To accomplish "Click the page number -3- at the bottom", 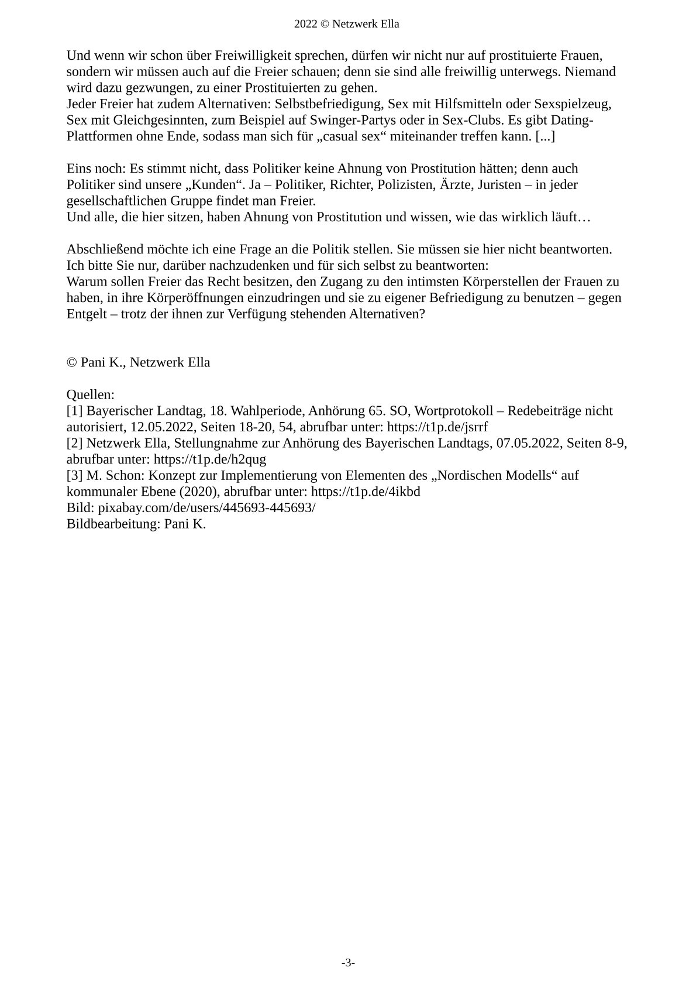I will click(x=348, y=963).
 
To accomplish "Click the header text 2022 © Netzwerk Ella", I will click(x=347, y=24).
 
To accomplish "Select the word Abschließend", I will click(x=104, y=249).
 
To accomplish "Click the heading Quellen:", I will click(x=91, y=395).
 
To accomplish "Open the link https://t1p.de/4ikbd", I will click(x=365, y=492).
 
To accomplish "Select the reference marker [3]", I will click(x=75, y=475).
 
